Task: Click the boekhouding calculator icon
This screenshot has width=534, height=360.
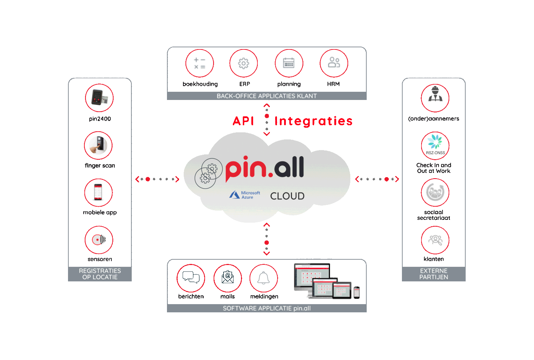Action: click(199, 63)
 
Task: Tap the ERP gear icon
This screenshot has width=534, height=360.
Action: click(244, 63)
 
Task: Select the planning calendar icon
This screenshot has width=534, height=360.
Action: click(289, 63)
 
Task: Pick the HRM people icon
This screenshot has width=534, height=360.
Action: click(334, 63)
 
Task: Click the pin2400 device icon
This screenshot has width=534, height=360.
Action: click(99, 98)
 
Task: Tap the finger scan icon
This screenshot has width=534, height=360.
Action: click(98, 145)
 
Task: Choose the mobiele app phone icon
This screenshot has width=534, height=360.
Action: click(98, 192)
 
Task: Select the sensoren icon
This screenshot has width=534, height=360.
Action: click(99, 240)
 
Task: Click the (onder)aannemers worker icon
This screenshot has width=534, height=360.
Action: click(435, 98)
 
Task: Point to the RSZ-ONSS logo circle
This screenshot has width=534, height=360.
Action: click(435, 145)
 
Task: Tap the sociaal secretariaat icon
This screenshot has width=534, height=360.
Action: click(435, 192)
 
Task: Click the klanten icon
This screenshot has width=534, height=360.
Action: click(435, 240)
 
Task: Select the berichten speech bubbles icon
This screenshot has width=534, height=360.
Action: click(191, 278)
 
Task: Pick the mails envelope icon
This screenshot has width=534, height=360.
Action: click(228, 278)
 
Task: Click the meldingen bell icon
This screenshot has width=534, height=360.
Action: click(264, 278)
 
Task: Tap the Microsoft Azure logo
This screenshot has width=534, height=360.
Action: click(245, 195)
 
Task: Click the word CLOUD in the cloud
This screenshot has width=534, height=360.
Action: click(287, 196)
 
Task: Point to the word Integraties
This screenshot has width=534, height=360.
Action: click(314, 121)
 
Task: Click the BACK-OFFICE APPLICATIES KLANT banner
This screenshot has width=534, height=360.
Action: click(267, 96)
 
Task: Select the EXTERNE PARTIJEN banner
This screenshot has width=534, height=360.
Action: click(434, 274)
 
